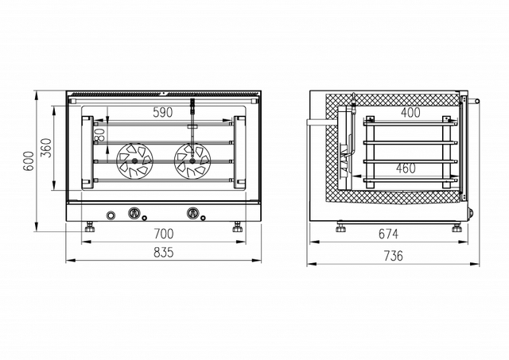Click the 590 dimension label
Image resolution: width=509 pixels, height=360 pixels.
point(162,113)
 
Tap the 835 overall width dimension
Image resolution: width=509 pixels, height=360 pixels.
point(164,253)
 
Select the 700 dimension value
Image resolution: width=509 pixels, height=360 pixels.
point(164,234)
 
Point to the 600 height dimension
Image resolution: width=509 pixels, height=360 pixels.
point(29,161)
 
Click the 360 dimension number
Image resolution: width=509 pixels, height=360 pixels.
point(47,148)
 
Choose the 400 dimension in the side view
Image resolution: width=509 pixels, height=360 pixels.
point(410,113)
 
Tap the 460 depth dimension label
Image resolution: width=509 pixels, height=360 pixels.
point(406,168)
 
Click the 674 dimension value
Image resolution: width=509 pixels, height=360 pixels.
point(388,234)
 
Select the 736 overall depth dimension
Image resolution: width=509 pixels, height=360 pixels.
point(394,256)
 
